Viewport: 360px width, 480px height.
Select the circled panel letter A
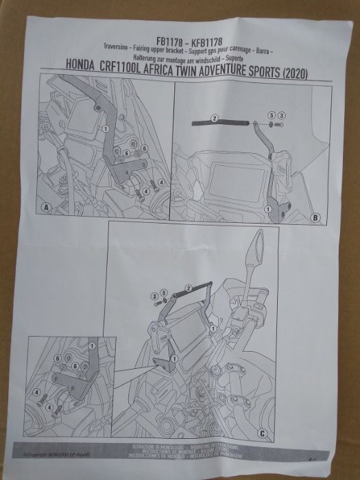46,207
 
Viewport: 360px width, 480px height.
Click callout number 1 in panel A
106,128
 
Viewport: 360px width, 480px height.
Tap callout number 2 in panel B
213,118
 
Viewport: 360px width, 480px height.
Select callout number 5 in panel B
270,115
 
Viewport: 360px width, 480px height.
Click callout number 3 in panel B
280,115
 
